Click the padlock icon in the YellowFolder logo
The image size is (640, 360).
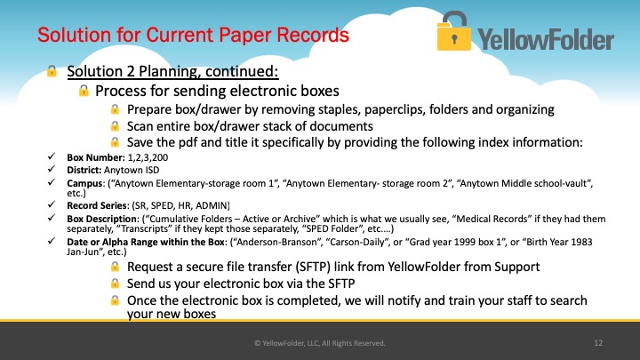[x=453, y=31]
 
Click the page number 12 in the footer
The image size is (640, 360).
[x=598, y=343]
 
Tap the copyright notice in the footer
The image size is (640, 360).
[x=320, y=343]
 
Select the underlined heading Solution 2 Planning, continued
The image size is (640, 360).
[x=172, y=71]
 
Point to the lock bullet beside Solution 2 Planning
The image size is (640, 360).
[x=52, y=71]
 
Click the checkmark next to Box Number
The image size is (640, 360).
[x=52, y=156]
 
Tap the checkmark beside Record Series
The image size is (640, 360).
[x=52, y=204]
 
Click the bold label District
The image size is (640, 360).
[x=84, y=170]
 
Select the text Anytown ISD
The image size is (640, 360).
[x=132, y=170]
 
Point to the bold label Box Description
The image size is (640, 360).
[x=102, y=219]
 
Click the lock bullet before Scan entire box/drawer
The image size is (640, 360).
[x=115, y=126]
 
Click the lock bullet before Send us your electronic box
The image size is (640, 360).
[x=115, y=284]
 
